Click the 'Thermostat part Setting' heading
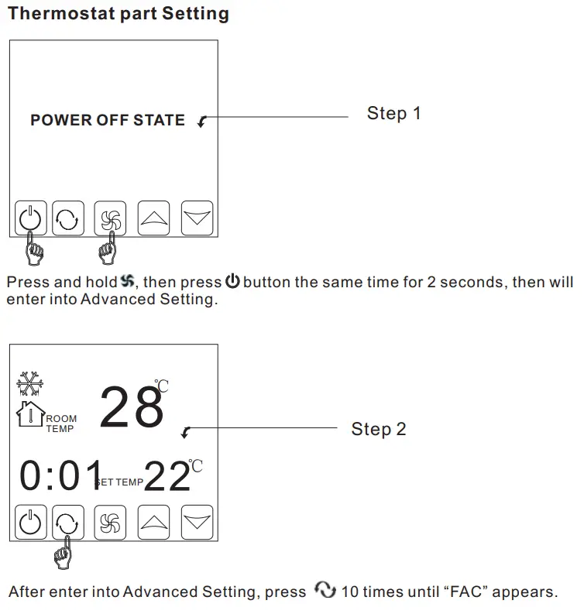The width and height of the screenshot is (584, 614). (x=119, y=14)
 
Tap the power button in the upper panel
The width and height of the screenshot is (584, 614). (x=30, y=218)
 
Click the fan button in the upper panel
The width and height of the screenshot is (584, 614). (x=109, y=218)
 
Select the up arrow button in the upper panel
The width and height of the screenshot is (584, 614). (x=153, y=218)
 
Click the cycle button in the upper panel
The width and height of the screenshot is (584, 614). (x=68, y=218)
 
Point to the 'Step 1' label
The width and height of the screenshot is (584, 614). (x=393, y=114)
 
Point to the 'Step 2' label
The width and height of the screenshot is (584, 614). (x=378, y=429)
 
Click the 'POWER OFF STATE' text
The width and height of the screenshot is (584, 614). (x=108, y=121)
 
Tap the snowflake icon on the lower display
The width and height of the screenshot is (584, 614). (x=30, y=384)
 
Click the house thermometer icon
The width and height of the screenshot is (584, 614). (x=30, y=413)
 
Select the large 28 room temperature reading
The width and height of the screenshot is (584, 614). (x=131, y=408)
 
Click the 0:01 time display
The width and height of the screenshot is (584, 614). (x=60, y=477)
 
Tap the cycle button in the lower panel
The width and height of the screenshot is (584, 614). (x=68, y=523)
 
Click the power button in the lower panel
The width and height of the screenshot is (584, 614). (x=30, y=523)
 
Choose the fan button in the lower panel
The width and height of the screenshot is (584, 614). (x=109, y=523)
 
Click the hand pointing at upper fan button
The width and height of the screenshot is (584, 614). (x=109, y=249)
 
